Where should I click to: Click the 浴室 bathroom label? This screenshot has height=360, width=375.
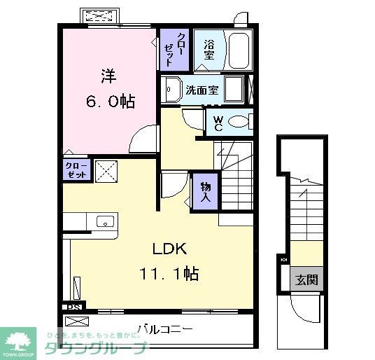tap(208, 49)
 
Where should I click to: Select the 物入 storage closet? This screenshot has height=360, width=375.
tap(206, 191)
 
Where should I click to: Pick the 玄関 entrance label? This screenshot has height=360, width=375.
tap(306, 280)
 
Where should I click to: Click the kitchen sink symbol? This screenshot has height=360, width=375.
tap(104, 221)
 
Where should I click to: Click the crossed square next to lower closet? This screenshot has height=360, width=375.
tap(106, 170)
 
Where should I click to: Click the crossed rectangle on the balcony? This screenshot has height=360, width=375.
tap(78, 321)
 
